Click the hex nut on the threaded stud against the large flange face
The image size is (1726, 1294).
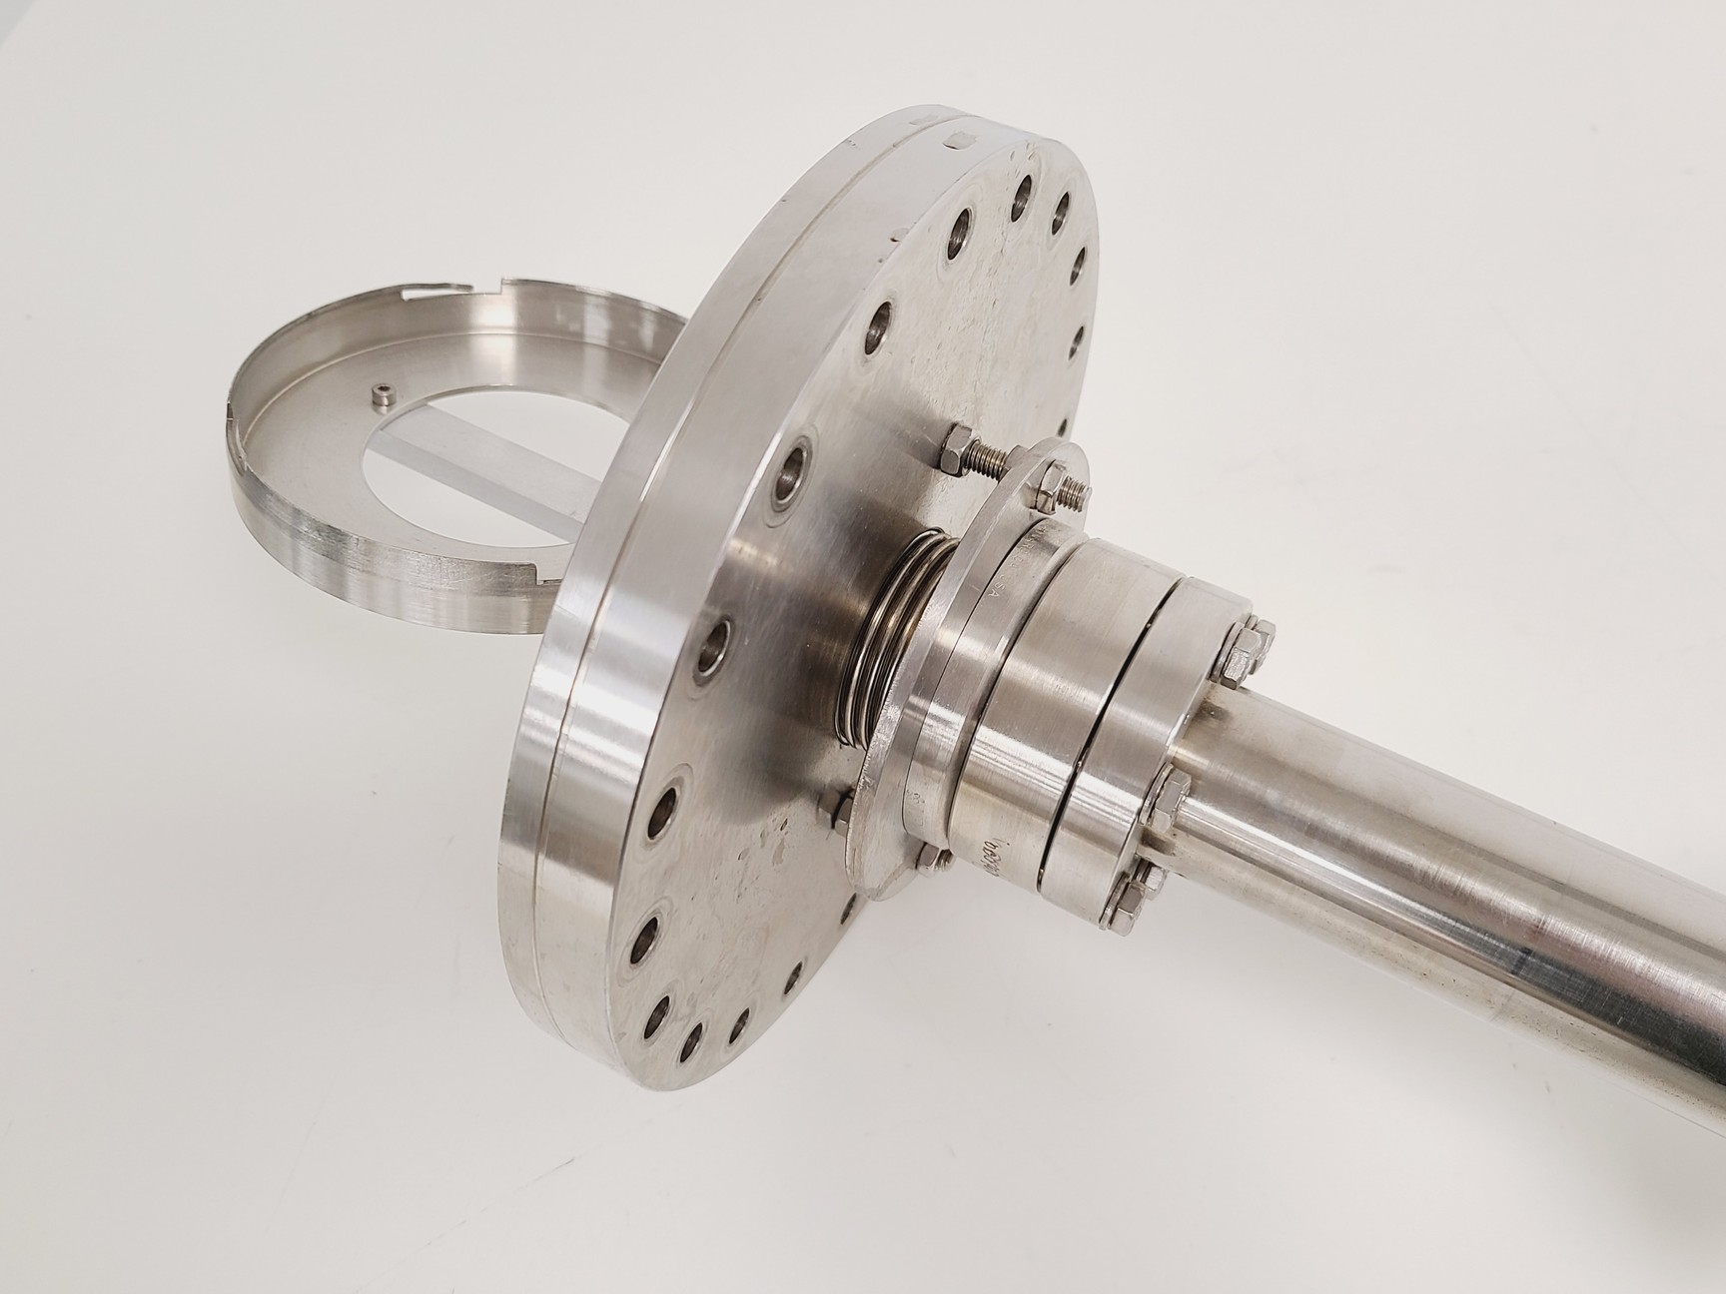[952, 446]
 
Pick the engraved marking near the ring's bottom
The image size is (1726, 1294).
[995, 855]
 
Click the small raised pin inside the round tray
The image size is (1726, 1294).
[381, 397]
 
